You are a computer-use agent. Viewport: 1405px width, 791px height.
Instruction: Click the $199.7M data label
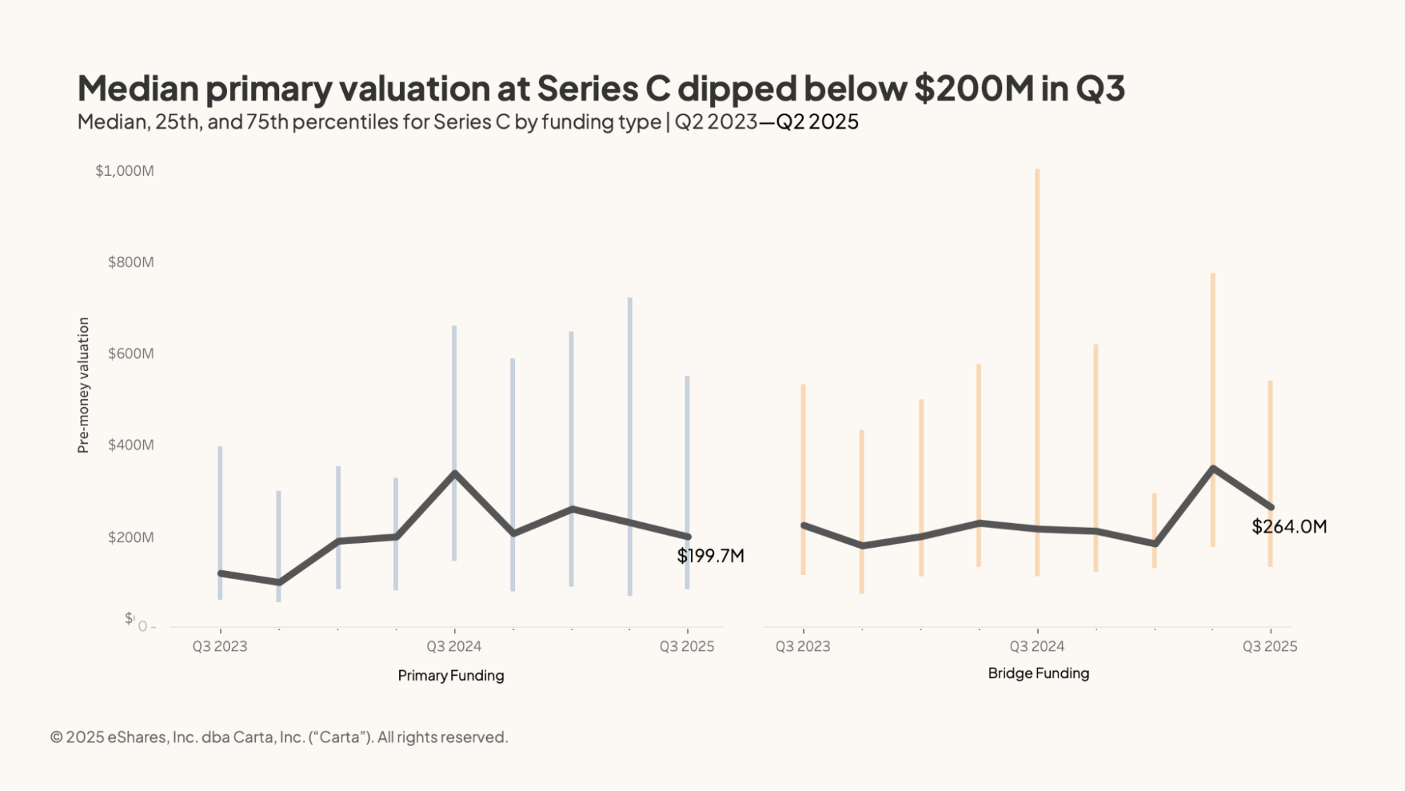710,556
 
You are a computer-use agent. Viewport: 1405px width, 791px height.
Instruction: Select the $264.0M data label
1289,527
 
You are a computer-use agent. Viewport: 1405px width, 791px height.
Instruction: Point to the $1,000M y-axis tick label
124,171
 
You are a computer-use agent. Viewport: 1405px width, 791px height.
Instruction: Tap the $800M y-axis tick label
131,262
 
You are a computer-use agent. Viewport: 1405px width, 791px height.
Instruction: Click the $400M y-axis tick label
131,445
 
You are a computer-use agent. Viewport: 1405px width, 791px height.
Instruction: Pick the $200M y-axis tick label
131,538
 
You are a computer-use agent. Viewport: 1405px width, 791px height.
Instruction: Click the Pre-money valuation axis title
84,385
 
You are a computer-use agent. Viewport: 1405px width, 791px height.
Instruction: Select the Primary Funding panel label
451,676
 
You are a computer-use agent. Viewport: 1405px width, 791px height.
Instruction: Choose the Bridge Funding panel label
1038,674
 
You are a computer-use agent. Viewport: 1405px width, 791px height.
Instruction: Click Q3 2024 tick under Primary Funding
454,646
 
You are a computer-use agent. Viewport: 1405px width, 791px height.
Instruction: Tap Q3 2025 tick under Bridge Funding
1269,646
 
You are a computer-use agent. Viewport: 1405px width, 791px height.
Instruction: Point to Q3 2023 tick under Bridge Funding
803,646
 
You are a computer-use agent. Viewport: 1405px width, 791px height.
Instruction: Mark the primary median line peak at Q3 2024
455,473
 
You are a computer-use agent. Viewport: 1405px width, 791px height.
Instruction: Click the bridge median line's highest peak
1212,468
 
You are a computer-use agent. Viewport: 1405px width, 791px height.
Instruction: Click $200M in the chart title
973,89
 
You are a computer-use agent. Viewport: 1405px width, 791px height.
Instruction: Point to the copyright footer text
279,737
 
